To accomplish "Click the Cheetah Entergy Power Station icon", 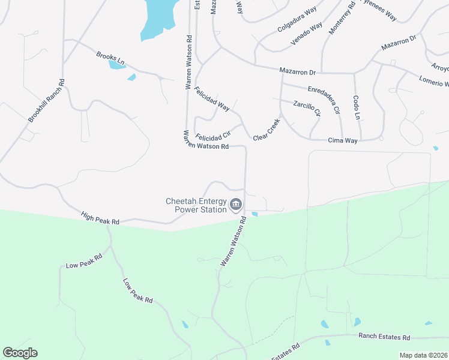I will tap(236, 205).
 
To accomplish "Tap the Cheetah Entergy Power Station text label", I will tap(196, 206).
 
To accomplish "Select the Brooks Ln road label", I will tap(110, 58).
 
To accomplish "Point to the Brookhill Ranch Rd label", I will tap(46, 101).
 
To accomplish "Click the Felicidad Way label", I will tap(212, 99).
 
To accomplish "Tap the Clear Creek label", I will tap(267, 130).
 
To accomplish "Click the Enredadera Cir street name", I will tap(324, 99).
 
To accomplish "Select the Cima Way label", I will tap(343, 140).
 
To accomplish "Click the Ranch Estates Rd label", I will tap(384, 338).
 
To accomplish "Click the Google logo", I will tap(20, 352).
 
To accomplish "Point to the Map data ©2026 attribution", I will tap(423, 355).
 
